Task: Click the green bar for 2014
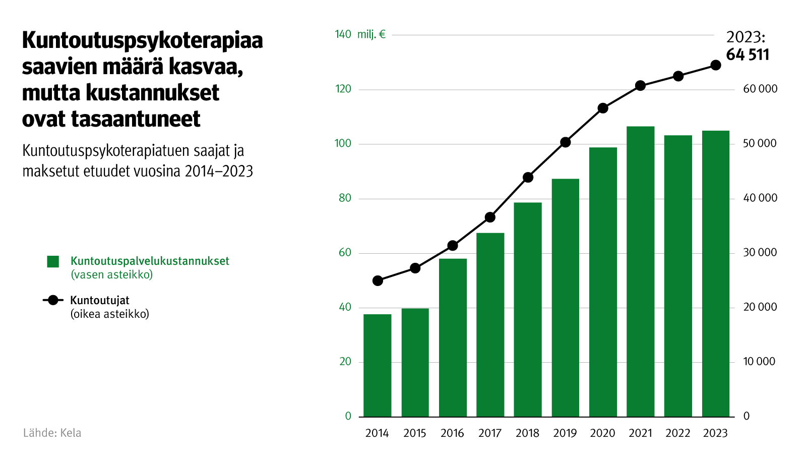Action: (378, 365)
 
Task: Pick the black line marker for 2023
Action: (715, 65)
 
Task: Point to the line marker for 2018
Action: (528, 177)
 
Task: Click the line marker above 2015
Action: (415, 268)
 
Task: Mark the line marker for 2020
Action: (603, 108)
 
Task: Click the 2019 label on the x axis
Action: (565, 433)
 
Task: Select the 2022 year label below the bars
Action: (678, 433)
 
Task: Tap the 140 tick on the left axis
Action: (343, 34)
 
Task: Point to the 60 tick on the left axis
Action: (345, 253)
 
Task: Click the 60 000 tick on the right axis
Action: (760, 89)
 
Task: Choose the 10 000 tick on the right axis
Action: (759, 362)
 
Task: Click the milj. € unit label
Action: (371, 34)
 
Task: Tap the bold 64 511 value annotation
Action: (748, 54)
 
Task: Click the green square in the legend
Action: (53, 261)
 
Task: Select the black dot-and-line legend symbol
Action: (53, 301)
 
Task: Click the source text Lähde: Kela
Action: (52, 433)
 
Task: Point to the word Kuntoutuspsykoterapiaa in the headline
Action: (143, 40)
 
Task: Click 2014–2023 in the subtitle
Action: (219, 171)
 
